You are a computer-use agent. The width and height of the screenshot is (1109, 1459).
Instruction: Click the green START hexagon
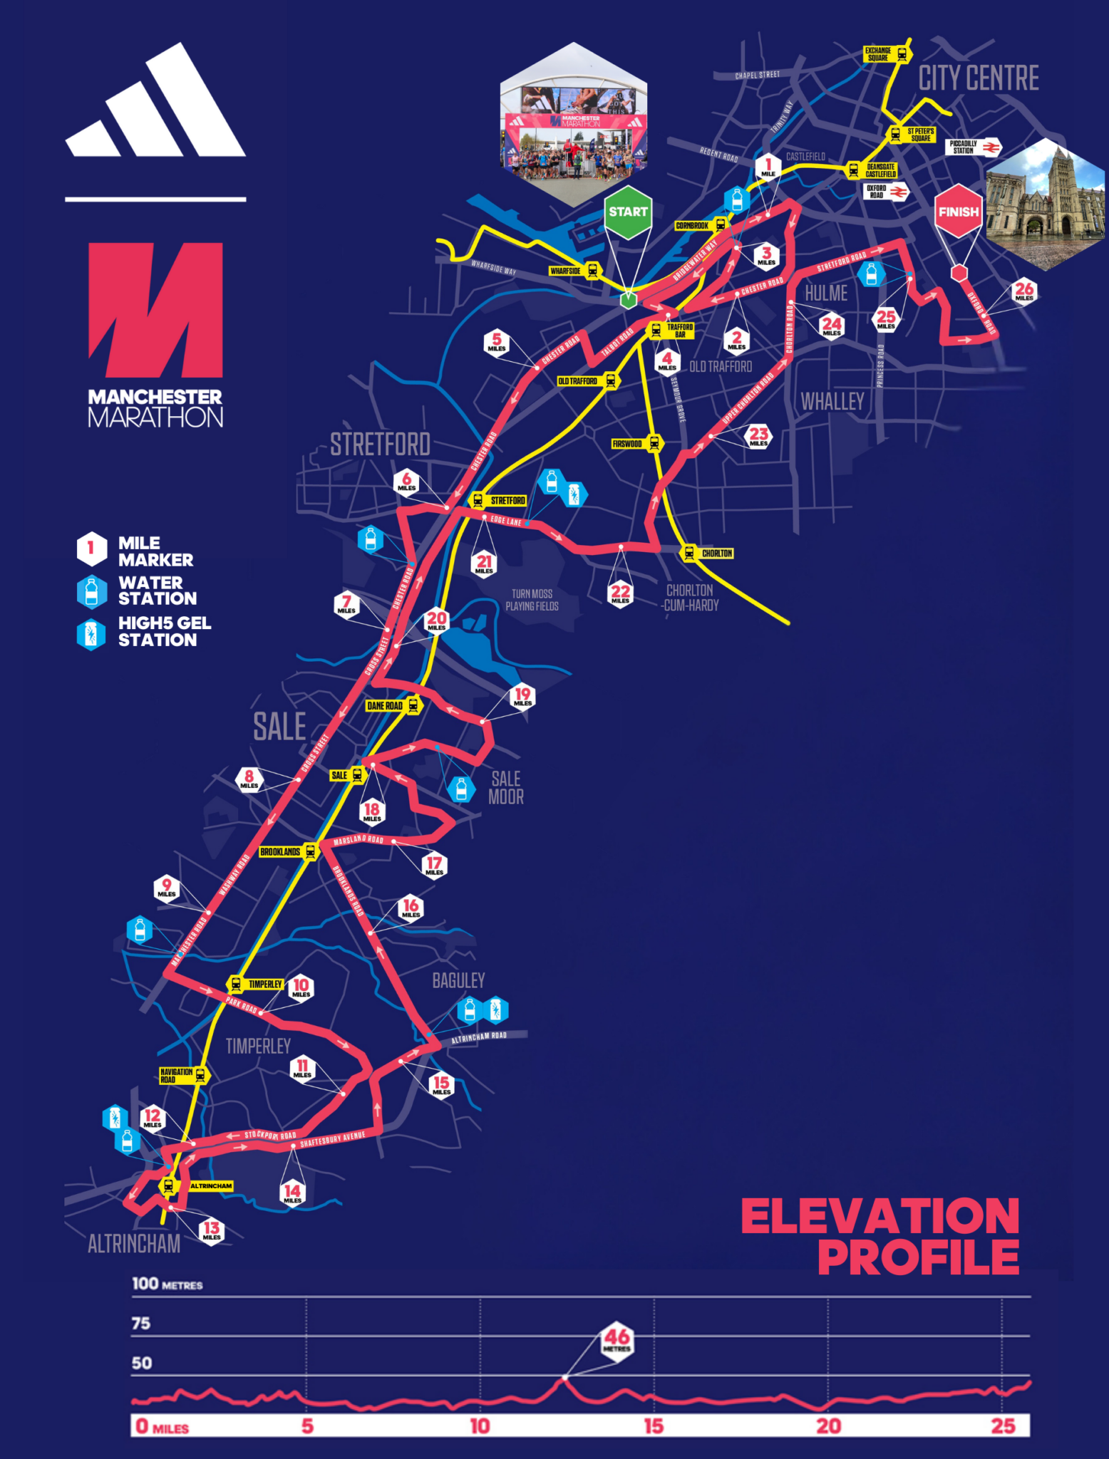[x=628, y=212]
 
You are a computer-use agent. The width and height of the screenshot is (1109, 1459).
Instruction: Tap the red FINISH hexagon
[x=958, y=212]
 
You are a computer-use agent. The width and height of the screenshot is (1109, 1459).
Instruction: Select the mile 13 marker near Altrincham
[x=212, y=1230]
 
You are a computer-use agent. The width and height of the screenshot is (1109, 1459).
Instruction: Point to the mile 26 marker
[x=1024, y=291]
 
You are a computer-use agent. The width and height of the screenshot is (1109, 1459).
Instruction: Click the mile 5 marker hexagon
[x=497, y=342]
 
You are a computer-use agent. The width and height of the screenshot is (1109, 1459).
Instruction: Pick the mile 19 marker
[x=522, y=696]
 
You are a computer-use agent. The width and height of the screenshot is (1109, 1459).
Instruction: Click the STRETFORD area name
[x=380, y=445]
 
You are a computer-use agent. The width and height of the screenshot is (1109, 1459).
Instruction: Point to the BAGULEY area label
[x=458, y=981]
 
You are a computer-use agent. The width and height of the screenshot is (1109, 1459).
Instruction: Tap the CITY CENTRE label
[x=978, y=78]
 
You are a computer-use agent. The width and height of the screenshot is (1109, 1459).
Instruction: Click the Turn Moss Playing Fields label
[x=532, y=600]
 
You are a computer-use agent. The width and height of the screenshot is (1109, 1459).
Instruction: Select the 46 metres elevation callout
[x=617, y=1341]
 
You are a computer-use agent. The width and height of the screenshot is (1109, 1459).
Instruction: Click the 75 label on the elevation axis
[x=141, y=1324]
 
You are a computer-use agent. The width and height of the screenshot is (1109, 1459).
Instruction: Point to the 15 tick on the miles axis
[x=654, y=1426]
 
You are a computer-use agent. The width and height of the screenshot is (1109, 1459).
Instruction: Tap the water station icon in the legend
[x=91, y=591]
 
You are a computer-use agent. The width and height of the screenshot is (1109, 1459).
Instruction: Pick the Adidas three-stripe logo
[x=155, y=103]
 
